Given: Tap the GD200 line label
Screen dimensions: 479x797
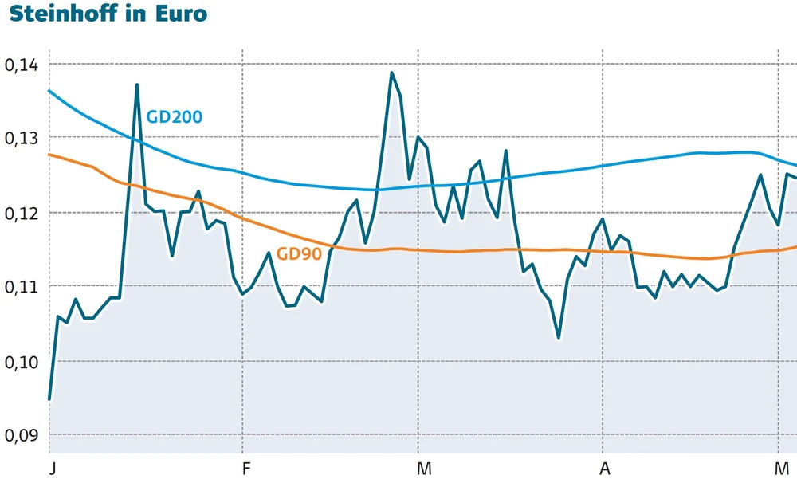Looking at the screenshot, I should pos(174,116).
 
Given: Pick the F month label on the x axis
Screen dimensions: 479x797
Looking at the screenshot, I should pos(245,466).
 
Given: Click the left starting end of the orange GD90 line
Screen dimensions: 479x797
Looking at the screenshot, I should pos(50,155).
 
